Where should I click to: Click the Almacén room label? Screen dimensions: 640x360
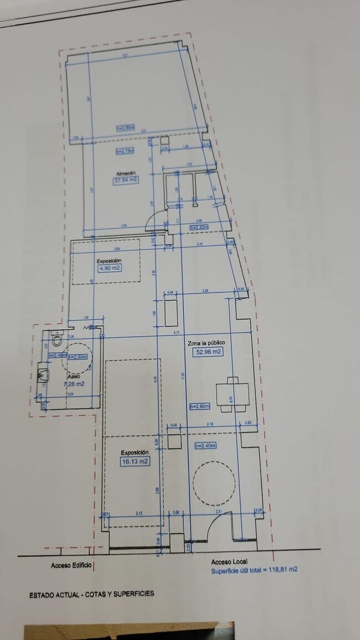pos(126,173)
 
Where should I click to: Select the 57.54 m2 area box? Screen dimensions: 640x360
pos(126,180)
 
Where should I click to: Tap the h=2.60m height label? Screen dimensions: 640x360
pos(126,128)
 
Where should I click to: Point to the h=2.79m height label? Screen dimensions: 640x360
pos(126,151)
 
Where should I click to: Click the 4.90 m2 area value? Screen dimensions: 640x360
pos(110,268)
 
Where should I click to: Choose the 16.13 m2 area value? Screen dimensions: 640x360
pos(135,461)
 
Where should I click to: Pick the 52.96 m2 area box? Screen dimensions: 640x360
pos(208,352)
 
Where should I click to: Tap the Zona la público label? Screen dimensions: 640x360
pos(205,343)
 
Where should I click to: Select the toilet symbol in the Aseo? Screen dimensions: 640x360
pos(56,340)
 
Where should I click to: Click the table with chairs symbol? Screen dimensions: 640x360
pos(232,395)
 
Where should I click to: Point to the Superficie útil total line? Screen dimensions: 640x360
pos(254,569)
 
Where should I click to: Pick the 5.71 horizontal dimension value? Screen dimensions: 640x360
pos(177,332)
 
